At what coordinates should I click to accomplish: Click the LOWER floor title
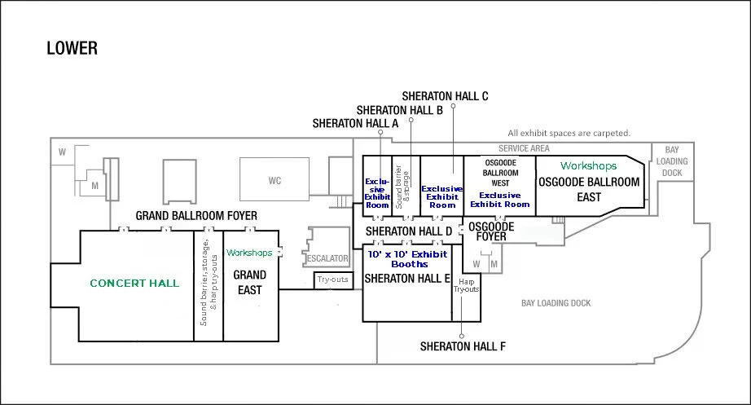click(x=72, y=48)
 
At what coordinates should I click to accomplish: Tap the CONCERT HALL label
click(x=134, y=284)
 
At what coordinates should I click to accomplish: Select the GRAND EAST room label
click(x=249, y=282)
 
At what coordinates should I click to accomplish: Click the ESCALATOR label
click(x=327, y=258)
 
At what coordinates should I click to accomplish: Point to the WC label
click(x=274, y=181)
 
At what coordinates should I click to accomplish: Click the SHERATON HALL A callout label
click(x=355, y=124)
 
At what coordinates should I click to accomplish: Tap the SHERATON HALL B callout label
click(x=399, y=110)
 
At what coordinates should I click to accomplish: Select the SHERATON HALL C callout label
click(x=445, y=96)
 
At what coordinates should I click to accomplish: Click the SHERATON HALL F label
click(x=463, y=346)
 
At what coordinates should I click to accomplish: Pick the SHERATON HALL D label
click(x=409, y=231)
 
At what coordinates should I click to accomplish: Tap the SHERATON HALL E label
click(x=407, y=279)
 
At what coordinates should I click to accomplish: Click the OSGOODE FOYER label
click(x=491, y=231)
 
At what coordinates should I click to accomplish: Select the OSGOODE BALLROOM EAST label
click(x=589, y=189)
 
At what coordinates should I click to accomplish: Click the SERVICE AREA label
click(x=524, y=148)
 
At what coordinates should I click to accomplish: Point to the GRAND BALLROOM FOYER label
click(x=196, y=216)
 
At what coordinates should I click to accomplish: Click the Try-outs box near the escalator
click(x=333, y=280)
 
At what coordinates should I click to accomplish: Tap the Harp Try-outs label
click(x=466, y=286)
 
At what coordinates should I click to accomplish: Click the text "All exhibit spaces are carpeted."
click(x=569, y=134)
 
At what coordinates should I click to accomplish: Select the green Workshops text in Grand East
click(x=249, y=253)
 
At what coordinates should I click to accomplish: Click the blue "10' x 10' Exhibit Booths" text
click(x=407, y=259)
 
